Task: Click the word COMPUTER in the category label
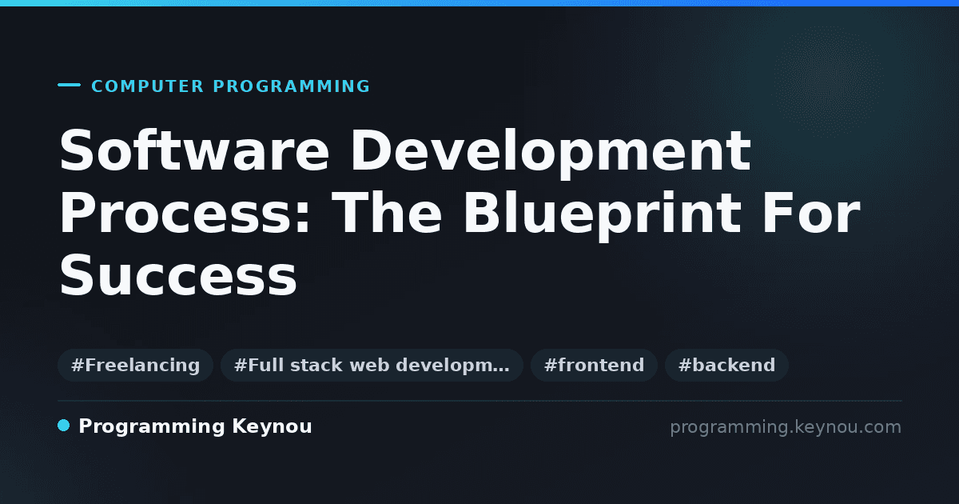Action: pos(147,86)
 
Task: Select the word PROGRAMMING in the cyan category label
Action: pos(291,86)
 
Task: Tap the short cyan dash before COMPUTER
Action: pos(69,85)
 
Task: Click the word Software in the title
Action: pos(194,150)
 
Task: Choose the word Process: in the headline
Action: pos(184,213)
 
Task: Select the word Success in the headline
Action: pos(177,274)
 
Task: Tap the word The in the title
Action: pos(387,213)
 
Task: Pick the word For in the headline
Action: pos(811,213)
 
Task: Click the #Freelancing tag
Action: pos(135,365)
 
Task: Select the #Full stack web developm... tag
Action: pos(372,365)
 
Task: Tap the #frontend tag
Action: pos(594,365)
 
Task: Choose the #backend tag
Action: pos(726,365)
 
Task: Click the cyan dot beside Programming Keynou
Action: pos(64,426)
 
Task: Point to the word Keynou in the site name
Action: pos(272,427)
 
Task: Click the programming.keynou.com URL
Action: pos(786,427)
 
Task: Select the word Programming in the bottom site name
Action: pos(152,427)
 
